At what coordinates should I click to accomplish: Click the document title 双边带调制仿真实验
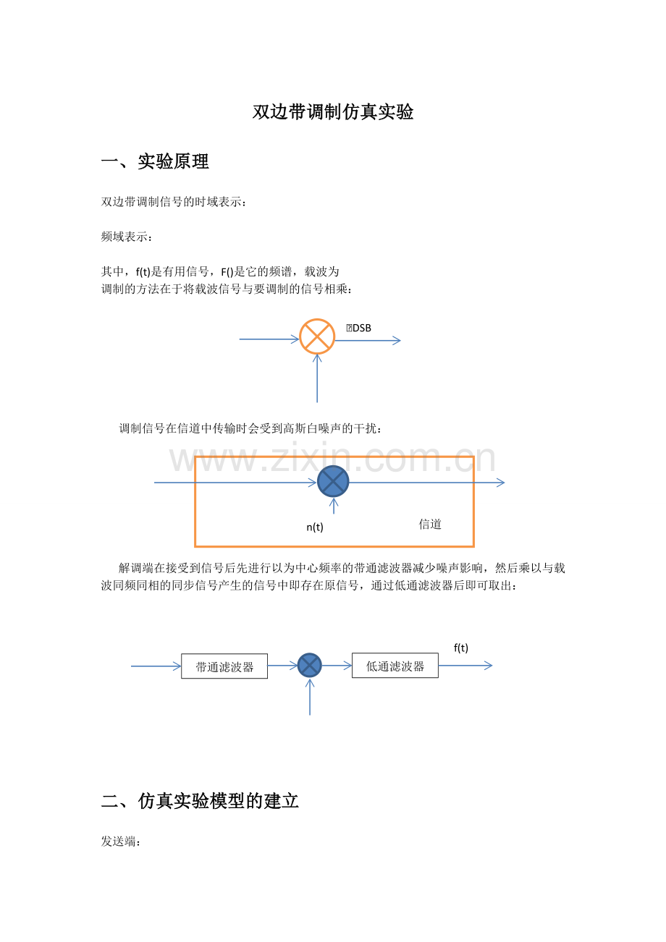point(333,112)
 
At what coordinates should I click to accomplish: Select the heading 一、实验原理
point(155,161)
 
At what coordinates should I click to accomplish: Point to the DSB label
point(358,328)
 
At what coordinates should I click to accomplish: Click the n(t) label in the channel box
point(315,527)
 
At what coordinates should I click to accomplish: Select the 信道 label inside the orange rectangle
point(430,524)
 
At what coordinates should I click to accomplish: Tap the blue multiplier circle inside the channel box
point(333,482)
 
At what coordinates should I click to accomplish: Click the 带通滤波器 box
point(224,666)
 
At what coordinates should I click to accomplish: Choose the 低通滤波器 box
point(395,666)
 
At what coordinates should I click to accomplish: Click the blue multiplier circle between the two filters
point(310,666)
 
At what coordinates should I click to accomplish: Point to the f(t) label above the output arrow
point(460,648)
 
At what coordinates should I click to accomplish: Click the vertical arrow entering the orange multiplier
point(317,378)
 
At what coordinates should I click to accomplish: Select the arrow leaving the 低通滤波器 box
point(465,666)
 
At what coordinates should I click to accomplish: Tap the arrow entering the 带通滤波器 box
point(156,666)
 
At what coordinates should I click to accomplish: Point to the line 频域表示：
point(126,237)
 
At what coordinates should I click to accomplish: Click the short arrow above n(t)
point(334,506)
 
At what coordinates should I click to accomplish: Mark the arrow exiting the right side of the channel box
point(489,483)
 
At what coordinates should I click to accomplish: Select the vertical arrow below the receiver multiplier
point(310,697)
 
